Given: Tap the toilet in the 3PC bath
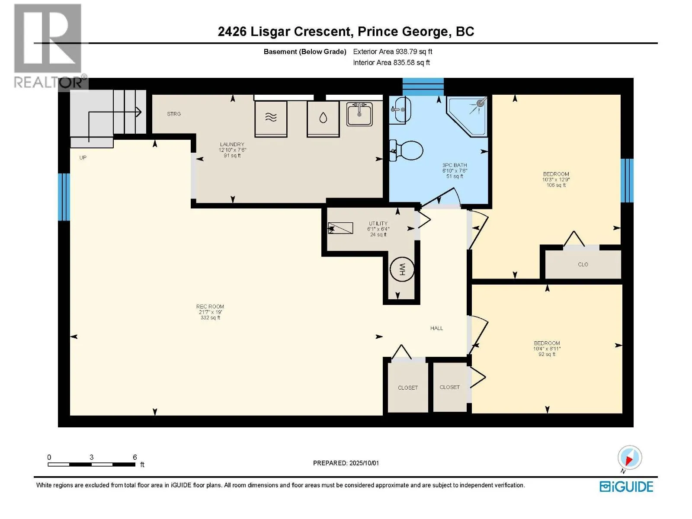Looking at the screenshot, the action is pos(407,151).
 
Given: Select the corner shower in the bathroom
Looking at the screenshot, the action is pos(467,117).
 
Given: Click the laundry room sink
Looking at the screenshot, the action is pos(359,114).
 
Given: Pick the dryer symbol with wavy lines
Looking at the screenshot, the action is pos(271,119).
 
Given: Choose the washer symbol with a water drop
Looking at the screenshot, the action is pos(323,119).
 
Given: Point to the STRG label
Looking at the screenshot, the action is pos(174,114).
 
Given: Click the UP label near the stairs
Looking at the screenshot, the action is pos(83,157).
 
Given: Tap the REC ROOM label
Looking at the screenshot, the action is pos(210,306).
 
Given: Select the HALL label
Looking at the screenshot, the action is pos(436,328).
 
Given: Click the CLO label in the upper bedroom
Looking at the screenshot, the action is pos(583,264).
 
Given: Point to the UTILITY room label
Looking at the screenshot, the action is pos(378,224).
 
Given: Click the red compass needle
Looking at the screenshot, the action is pos(628,460).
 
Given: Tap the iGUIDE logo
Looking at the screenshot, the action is pos(626,487).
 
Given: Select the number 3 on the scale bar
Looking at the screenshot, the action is pos(91,457).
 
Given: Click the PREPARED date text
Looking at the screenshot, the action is pos(346,463).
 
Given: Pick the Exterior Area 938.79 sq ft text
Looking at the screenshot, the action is pos(393,51).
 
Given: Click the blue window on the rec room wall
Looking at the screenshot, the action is pos(64,197).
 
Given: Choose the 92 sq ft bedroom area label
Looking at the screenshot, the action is pos(547,354).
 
